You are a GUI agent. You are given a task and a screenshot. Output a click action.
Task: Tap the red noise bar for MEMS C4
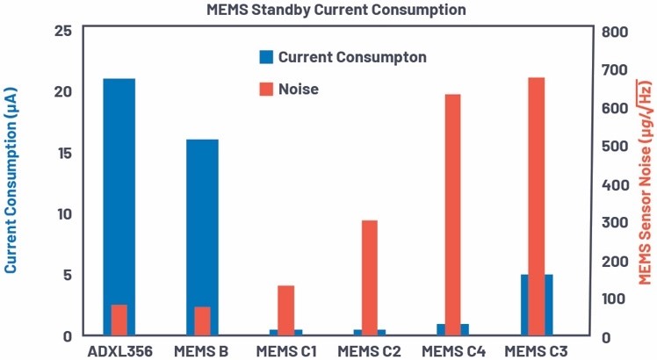[x=453, y=211]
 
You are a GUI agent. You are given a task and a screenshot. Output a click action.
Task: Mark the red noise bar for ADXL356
[x=119, y=320]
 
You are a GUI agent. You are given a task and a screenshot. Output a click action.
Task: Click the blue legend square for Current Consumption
[x=266, y=57]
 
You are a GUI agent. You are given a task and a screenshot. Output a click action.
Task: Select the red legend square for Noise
[x=266, y=89]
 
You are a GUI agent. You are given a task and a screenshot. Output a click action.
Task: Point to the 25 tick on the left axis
[x=62, y=31]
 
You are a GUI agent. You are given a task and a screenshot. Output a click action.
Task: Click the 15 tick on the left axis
[x=62, y=153]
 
